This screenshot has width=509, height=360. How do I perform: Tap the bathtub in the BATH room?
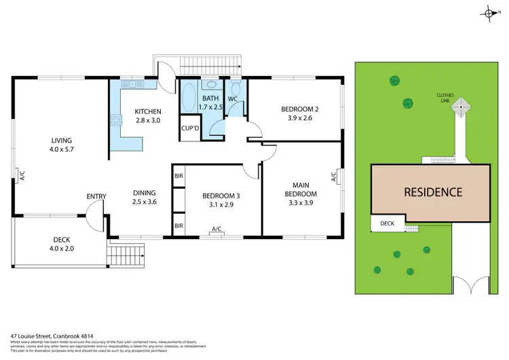pyautogui.click(x=188, y=96)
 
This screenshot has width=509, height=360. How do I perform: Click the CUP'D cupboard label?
pyautogui.click(x=190, y=128)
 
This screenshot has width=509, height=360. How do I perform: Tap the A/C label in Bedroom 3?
pyautogui.click(x=217, y=229)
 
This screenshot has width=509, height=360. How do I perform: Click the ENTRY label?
pyautogui.click(x=96, y=197)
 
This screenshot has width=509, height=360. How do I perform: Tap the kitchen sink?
pyautogui.click(x=131, y=85)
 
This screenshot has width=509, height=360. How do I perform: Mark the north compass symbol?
pyautogui.click(x=489, y=13)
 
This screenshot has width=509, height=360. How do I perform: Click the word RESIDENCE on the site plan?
pyautogui.click(x=433, y=192)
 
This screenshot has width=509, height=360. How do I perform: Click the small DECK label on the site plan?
pyautogui.click(x=387, y=222)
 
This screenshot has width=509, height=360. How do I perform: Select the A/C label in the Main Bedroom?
pyautogui.click(x=333, y=177)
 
